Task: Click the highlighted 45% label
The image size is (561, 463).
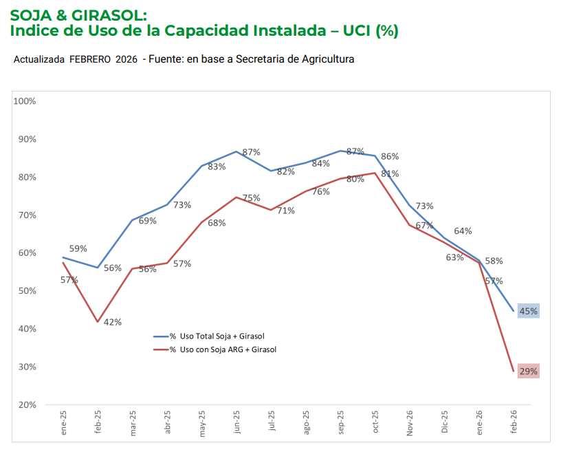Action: click(x=529, y=312)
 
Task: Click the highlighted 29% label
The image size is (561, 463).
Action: click(x=529, y=372)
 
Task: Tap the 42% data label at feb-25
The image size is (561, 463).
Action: click(x=113, y=322)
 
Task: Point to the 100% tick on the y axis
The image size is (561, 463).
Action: click(x=25, y=101)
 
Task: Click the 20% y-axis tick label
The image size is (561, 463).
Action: click(x=27, y=405)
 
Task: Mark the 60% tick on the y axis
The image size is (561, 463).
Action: click(x=27, y=252)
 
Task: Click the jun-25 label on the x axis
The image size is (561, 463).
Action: click(x=237, y=422)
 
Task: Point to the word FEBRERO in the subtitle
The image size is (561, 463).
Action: click(x=91, y=60)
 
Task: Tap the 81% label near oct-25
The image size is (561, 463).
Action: click(x=390, y=174)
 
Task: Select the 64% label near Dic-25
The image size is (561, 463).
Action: click(x=463, y=231)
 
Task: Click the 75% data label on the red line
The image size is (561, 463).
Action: click(x=251, y=198)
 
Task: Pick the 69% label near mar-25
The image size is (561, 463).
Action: click(x=148, y=221)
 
